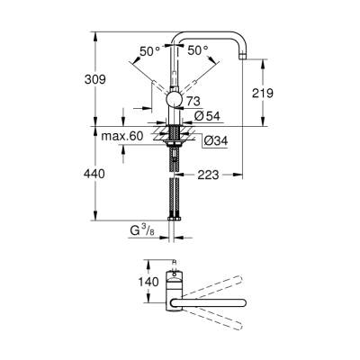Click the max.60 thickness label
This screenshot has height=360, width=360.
[x=122, y=134]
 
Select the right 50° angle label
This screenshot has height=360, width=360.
[x=198, y=51]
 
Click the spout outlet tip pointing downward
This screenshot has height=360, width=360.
[x=245, y=59]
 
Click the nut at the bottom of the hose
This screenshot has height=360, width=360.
[x=174, y=216]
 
